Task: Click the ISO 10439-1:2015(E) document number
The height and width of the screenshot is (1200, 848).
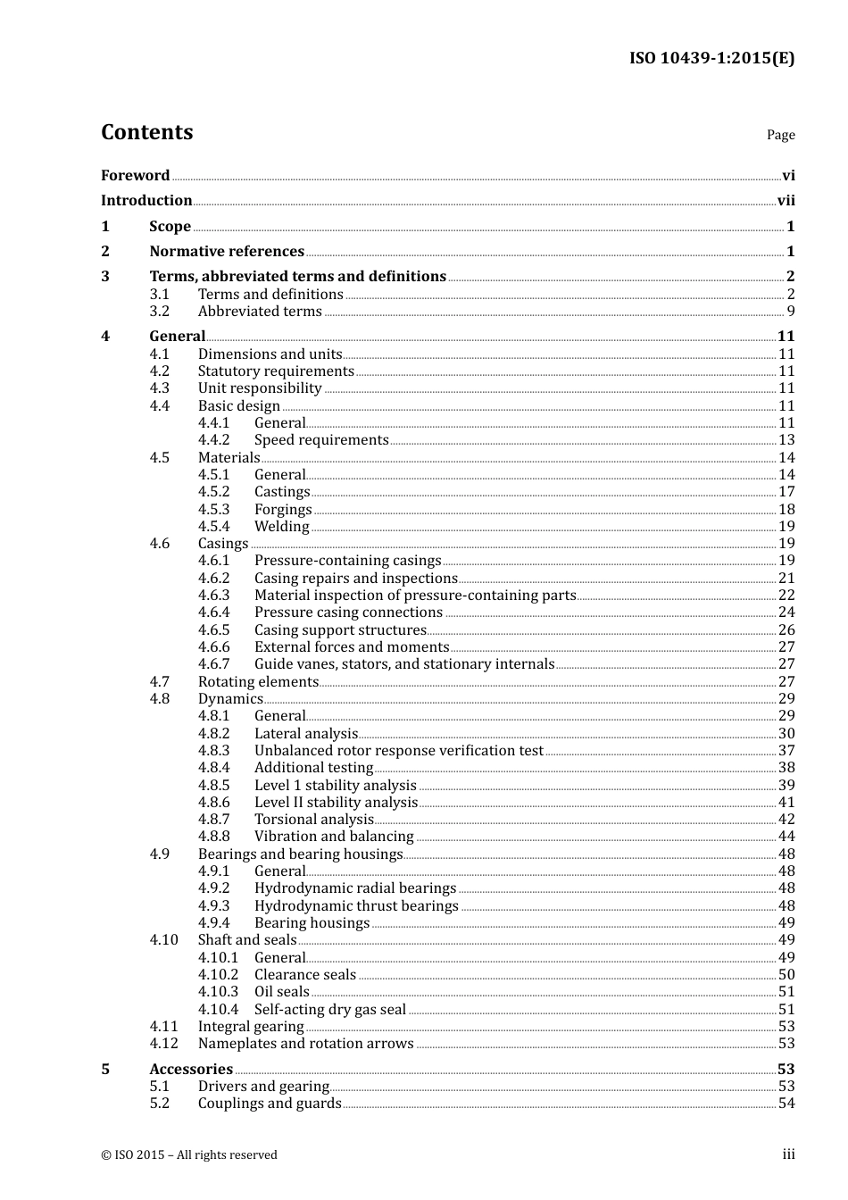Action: point(711,58)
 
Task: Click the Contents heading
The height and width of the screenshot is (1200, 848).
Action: point(146,132)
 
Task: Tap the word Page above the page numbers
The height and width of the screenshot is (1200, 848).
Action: point(780,135)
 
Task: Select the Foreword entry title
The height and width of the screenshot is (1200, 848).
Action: point(135,176)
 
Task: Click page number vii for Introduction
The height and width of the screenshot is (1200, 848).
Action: point(786,201)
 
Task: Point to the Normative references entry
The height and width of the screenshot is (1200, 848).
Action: point(227,252)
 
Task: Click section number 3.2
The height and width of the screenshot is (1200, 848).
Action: point(159,312)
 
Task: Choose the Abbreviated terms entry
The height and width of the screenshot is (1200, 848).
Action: point(260,312)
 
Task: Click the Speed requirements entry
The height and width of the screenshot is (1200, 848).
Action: point(321,440)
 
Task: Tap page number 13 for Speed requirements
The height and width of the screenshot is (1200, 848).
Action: point(786,440)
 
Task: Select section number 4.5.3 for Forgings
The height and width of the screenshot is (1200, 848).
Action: point(213,510)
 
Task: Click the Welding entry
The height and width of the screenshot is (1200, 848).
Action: point(281,527)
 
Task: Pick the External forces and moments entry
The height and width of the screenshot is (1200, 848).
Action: point(352,647)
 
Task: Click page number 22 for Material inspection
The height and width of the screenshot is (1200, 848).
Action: point(786,596)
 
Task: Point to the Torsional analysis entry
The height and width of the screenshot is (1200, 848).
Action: point(313,820)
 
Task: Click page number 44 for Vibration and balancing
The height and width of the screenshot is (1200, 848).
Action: point(786,837)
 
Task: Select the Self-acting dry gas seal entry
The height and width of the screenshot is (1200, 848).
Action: point(330,1010)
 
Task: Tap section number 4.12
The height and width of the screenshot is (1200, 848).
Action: point(163,1044)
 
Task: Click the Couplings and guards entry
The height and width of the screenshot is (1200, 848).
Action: point(270,1104)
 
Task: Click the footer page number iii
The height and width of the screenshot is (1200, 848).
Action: point(788,1154)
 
